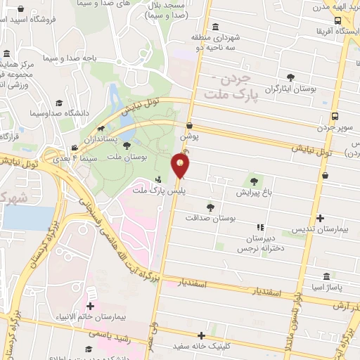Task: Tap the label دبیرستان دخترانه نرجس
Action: [x=262, y=243]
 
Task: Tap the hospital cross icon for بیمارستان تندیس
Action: [x=321, y=219]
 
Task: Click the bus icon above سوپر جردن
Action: [x=335, y=117]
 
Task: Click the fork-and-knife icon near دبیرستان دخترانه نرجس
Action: [x=259, y=227]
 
